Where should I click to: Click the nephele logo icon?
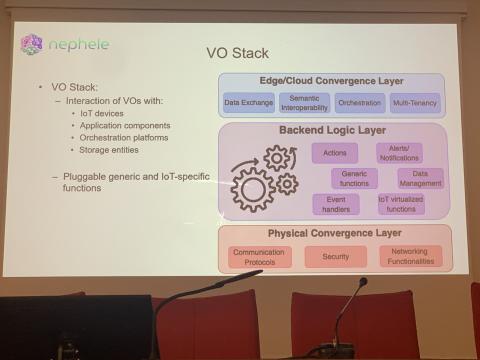(x=32, y=45)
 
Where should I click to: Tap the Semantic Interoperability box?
(x=304, y=102)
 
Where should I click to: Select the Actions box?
(x=335, y=153)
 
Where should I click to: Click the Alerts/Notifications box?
(x=398, y=153)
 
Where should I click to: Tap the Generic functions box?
(x=353, y=178)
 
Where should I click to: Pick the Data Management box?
(x=420, y=178)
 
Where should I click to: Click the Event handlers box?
(x=335, y=204)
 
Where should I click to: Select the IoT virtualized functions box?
(x=399, y=204)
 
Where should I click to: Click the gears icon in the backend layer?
(x=263, y=178)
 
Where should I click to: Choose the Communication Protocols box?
(x=260, y=257)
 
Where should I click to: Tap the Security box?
(x=335, y=257)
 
